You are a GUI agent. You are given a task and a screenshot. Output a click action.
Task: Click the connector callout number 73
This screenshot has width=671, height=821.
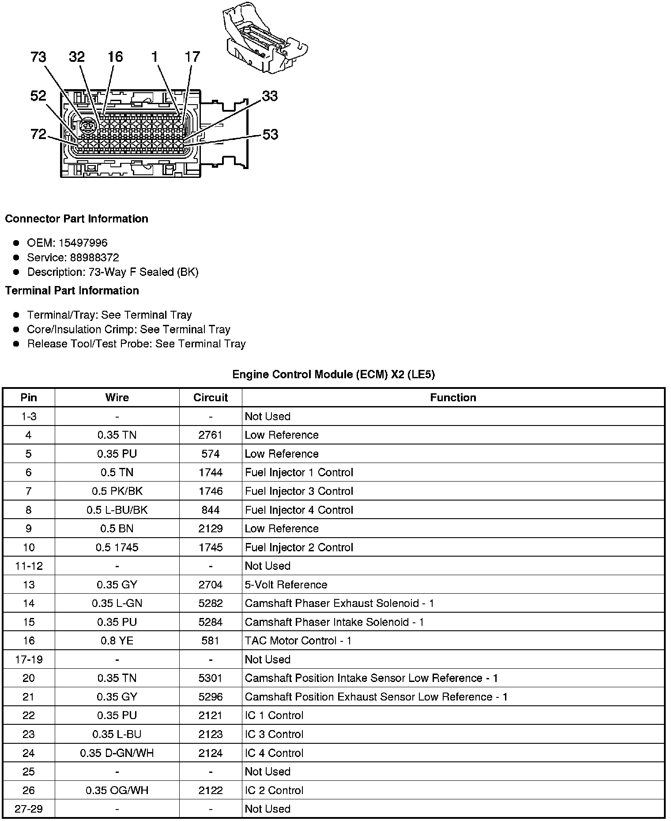tap(38, 57)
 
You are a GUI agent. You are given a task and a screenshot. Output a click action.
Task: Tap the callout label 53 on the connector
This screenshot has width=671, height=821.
tap(270, 134)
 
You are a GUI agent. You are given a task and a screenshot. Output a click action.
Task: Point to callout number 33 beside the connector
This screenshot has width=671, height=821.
tap(270, 96)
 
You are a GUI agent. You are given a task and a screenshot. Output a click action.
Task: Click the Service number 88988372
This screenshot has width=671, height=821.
tap(94, 257)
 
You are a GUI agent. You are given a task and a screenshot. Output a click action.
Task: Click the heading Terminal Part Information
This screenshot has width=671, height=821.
tap(72, 290)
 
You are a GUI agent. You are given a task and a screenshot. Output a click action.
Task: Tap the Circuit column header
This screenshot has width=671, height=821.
tap(211, 397)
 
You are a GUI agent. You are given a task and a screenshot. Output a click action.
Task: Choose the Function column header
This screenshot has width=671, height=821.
tap(453, 397)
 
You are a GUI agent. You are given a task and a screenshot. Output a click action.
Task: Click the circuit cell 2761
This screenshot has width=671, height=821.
tap(211, 435)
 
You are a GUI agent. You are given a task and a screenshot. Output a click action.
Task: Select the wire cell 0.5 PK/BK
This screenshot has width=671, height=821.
tap(117, 491)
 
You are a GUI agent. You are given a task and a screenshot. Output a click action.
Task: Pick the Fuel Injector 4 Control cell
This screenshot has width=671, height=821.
tap(299, 510)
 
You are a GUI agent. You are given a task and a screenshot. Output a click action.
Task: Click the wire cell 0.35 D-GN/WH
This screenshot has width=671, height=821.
tap(117, 753)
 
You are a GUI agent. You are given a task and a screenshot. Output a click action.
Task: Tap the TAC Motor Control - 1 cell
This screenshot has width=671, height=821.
tap(298, 640)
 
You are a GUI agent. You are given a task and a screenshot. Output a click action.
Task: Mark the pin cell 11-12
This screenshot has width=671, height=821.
tap(29, 566)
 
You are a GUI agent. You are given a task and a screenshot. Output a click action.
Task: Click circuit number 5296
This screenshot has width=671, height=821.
tap(211, 697)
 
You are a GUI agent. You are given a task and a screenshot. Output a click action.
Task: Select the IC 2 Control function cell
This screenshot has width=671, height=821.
tap(274, 790)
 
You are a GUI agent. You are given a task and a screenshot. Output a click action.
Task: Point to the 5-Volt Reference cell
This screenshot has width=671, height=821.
tap(286, 584)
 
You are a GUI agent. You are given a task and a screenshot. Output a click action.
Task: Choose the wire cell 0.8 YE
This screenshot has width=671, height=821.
tap(117, 640)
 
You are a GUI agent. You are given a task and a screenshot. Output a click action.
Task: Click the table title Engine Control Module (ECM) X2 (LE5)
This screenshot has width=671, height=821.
tap(333, 374)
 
